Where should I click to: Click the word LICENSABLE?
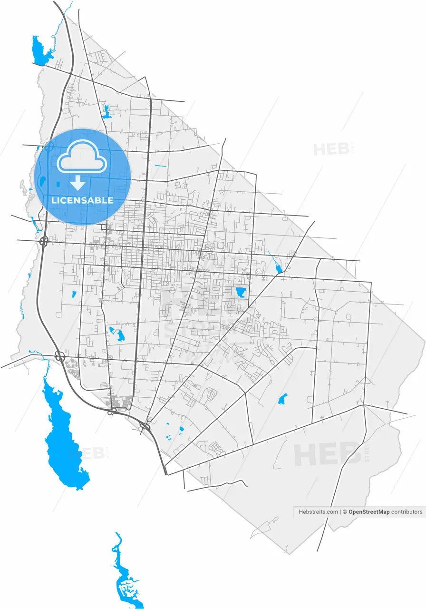82,200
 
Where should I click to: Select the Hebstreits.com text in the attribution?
318,512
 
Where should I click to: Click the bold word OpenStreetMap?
368,512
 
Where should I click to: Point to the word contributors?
407,512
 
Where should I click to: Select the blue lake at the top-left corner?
40,50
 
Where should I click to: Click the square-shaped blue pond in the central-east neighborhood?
241,292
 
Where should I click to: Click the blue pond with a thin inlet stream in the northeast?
279,269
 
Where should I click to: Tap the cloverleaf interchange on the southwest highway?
60,356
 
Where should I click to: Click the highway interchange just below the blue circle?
44,241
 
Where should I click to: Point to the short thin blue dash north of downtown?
161,166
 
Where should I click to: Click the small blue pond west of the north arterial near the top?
106,112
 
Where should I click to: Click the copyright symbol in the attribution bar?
345,512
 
